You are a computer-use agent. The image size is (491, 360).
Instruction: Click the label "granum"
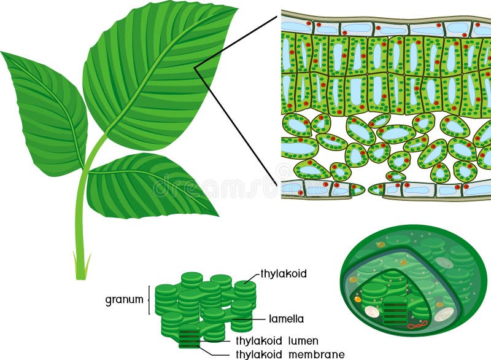tap(124, 300)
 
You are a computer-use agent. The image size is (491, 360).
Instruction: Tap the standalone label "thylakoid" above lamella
tap(283, 273)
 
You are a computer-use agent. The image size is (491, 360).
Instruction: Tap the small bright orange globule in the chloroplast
tap(358, 299)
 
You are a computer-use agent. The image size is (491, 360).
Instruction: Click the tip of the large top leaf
tap(235, 8)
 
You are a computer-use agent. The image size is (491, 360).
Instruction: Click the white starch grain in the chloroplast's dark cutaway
tap(372, 311)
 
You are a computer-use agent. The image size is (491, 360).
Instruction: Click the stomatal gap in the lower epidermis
tap(366, 190)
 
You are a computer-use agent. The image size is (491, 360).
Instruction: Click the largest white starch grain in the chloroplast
tap(443, 315)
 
